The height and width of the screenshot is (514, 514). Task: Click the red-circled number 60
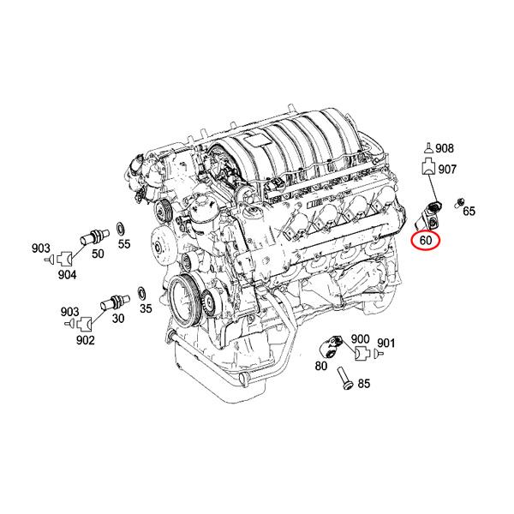coord(426,241)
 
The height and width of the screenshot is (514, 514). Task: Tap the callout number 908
coord(446,149)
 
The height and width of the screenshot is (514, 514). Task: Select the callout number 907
coord(447,170)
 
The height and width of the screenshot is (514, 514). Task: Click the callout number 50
coord(97,254)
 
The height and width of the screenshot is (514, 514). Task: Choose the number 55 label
coord(124,244)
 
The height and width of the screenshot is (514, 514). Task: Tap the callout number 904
coord(67,274)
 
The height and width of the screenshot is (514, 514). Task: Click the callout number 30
coord(117,319)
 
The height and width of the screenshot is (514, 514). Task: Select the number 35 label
coord(146,308)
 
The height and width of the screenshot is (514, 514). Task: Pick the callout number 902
coord(86,340)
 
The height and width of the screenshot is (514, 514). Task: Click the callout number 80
coord(321,366)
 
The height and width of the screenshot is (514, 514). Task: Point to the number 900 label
coord(360,339)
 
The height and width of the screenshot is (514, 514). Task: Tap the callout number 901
coord(386,344)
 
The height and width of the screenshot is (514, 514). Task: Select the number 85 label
coord(363,384)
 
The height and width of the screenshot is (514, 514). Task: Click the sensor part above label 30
coord(111,302)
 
